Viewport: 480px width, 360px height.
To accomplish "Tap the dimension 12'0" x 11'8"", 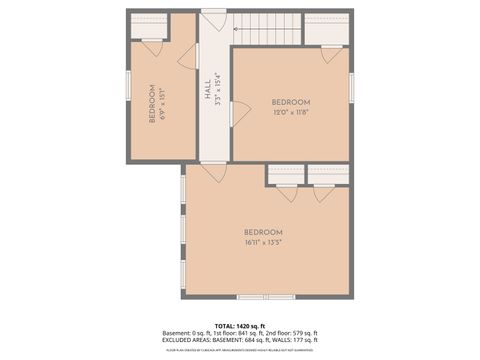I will point(291,112).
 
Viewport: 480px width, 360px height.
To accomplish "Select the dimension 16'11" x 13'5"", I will point(264,241).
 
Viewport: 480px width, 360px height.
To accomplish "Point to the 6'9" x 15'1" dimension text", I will point(164,103).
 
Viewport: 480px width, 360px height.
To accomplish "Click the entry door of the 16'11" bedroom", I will point(213,172).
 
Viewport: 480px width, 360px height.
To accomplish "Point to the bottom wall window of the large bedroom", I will point(266,296).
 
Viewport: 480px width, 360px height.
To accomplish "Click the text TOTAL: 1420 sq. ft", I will point(240,325).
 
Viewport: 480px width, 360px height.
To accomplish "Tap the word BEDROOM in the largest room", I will point(264,232).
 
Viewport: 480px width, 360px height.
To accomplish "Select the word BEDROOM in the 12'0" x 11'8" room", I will point(291,102).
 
